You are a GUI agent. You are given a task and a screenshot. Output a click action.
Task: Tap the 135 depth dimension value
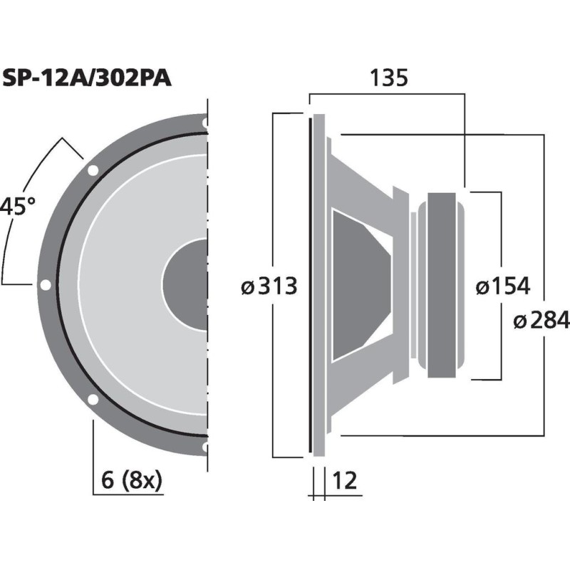point(388,78)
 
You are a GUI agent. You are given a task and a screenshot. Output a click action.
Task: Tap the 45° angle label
point(17,207)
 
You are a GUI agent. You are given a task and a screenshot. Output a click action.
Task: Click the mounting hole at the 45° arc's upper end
point(93,171)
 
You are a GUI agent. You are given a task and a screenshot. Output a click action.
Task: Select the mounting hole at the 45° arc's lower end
point(46,285)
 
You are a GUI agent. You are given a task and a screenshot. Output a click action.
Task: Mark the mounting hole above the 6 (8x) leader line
point(93,399)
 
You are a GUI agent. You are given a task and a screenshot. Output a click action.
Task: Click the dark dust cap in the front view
point(187,285)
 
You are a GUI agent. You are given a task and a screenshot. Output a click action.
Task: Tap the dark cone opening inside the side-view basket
point(360,285)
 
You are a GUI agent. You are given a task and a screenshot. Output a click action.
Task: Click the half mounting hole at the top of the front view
point(205,123)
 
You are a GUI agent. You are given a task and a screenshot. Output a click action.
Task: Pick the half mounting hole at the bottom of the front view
point(205,447)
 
